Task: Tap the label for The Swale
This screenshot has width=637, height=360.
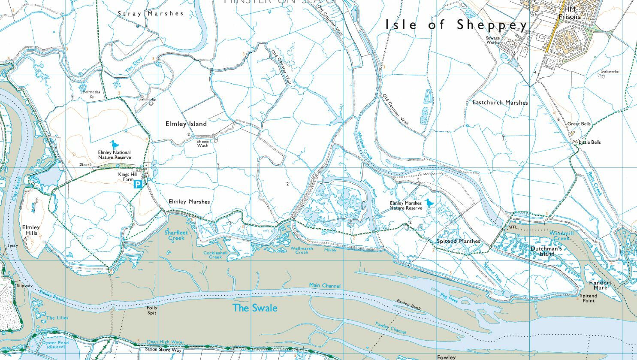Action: [x=255, y=308]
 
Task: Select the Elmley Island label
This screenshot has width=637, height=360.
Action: [x=186, y=124]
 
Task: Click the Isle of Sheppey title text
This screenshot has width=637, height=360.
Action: [x=456, y=25]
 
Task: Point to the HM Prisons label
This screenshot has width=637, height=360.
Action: [x=569, y=13]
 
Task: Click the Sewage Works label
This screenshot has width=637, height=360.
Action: [x=493, y=40]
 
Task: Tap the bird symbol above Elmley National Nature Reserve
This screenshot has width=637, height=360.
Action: [x=113, y=145]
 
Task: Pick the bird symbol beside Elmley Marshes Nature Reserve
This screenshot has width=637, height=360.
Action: [x=429, y=203]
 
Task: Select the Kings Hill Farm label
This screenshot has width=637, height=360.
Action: [x=127, y=177]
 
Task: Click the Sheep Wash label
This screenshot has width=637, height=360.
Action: [x=202, y=143]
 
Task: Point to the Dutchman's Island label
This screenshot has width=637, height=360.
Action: [x=546, y=251]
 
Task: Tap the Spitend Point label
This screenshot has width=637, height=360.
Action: [x=588, y=298]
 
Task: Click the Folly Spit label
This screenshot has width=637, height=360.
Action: [x=152, y=310]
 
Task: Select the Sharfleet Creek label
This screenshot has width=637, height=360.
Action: [x=176, y=235]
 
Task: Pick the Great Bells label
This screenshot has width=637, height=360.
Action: [x=579, y=124]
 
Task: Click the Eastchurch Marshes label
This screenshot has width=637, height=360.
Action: [x=500, y=103]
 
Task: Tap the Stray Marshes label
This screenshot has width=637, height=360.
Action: [x=151, y=14]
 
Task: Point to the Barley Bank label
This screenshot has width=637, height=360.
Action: [x=409, y=304]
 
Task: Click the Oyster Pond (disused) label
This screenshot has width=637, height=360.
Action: [x=55, y=345]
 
